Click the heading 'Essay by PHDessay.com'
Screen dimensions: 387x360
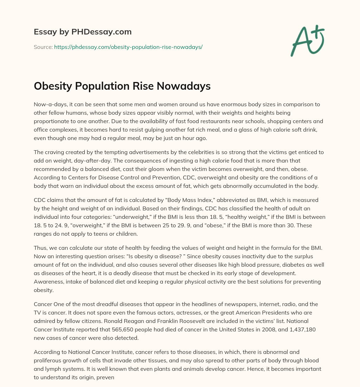[x=83, y=32]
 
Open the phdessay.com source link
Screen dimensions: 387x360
[x=128, y=47]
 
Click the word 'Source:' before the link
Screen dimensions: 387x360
[x=43, y=47]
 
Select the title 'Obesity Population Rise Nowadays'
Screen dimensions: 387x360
[x=122, y=86]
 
